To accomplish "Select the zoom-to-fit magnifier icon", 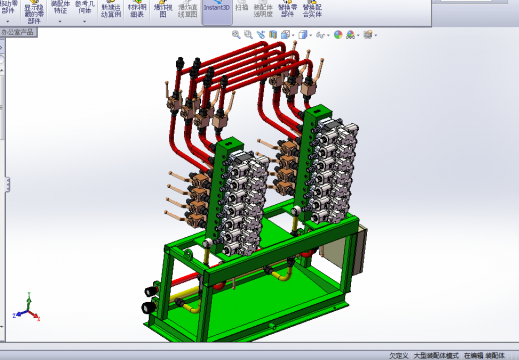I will (x=236, y=34).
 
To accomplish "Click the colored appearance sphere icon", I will (x=337, y=34).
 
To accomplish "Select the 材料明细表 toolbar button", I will (x=136, y=12).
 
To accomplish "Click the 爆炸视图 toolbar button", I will (x=162, y=12).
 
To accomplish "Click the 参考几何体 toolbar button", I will (x=84, y=12).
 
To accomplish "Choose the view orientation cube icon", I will (x=301, y=34).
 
